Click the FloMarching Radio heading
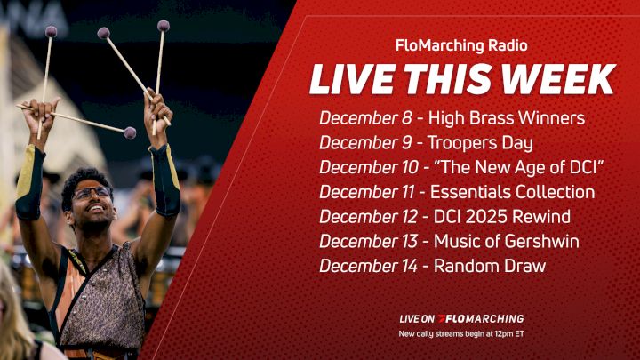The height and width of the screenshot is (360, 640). point(461,44)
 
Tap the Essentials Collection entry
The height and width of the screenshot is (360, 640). point(513,191)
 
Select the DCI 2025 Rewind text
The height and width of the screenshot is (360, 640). point(501,216)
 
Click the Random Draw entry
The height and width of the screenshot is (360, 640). point(490,265)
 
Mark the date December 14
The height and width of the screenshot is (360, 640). point(367,265)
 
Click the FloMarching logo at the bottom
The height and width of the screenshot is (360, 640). point(484,318)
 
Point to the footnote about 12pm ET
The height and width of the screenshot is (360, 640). point(461,334)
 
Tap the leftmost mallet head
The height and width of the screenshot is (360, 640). point(51,31)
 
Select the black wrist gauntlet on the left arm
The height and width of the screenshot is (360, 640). point(31,181)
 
